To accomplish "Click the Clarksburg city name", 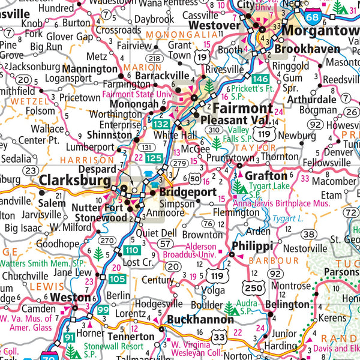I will point(75,181).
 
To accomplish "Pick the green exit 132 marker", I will point(161,123).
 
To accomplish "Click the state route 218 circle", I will point(154,58).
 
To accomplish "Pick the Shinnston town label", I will point(109,135).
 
